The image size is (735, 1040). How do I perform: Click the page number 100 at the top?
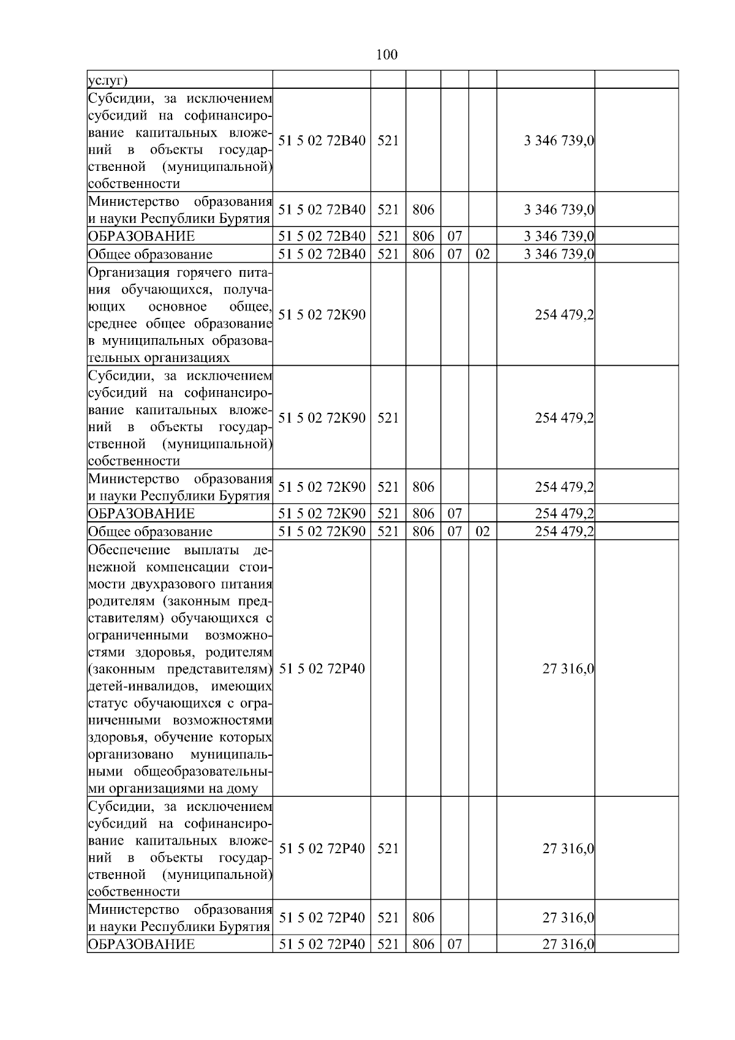pos(386,55)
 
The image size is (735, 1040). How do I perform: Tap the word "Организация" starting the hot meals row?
pos(128,273)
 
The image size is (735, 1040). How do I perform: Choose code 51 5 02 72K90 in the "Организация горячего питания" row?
pos(322,315)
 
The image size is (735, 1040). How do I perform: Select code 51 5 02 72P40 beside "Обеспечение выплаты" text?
pos(322,668)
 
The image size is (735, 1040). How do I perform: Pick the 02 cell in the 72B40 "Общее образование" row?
pos(483,254)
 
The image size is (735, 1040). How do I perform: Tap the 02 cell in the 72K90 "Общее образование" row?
pos(483,532)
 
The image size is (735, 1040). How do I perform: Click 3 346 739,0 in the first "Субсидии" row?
pos(559,141)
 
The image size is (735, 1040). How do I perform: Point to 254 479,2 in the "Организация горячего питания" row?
pos(564,315)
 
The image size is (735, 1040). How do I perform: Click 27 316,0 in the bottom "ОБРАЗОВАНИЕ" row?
pos(568,944)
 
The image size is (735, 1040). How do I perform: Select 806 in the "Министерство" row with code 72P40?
pos(423,918)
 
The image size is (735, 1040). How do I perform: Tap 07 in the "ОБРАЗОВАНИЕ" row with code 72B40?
pos(454,236)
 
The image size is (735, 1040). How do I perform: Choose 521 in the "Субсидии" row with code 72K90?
pos(388,418)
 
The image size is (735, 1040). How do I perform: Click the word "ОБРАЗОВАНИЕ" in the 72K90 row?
pos(141,514)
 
